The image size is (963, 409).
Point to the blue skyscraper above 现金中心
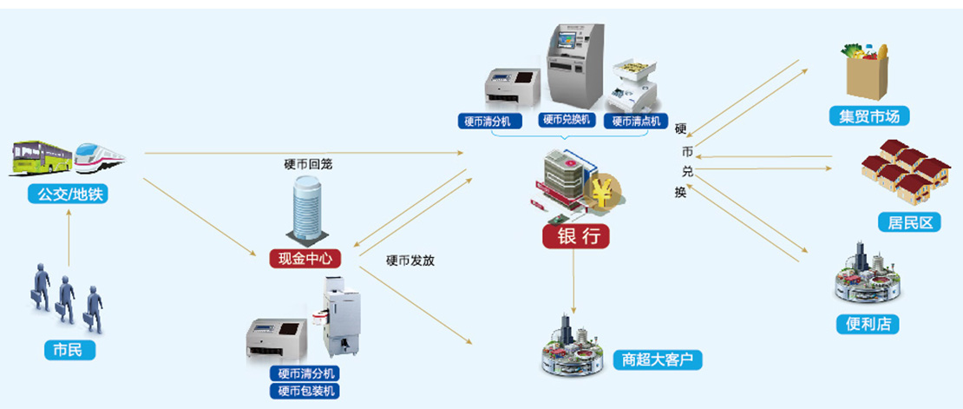pos(309,209)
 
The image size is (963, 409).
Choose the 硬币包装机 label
pos(304,390)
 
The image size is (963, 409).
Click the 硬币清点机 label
pos(637,121)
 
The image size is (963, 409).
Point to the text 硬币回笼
pos(307,165)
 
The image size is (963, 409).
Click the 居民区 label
pos(909,222)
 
